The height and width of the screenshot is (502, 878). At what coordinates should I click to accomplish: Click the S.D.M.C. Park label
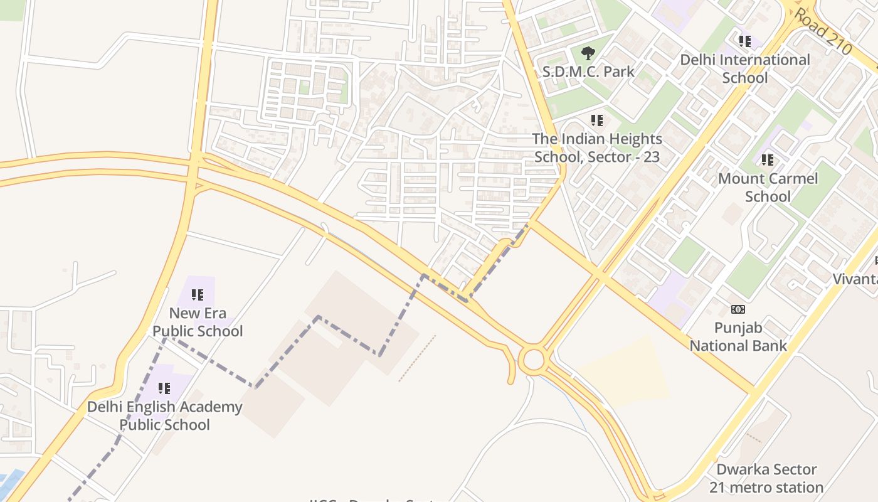588,72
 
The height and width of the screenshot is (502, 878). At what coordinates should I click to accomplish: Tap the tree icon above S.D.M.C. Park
588,53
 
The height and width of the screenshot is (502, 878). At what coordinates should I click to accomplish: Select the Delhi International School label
745,68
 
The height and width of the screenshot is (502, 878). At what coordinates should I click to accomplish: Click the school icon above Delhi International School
744,41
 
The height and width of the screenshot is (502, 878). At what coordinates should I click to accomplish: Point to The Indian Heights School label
597,147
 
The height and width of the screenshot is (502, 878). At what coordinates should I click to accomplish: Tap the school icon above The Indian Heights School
597,120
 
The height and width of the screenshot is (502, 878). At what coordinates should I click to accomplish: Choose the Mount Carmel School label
768,187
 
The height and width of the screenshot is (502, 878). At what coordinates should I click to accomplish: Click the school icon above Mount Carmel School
767,160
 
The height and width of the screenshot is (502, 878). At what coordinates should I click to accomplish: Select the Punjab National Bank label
738,336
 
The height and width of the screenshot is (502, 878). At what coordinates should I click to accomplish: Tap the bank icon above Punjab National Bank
738,309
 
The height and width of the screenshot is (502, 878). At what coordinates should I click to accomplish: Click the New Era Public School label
198,322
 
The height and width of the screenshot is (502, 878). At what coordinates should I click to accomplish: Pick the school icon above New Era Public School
198,294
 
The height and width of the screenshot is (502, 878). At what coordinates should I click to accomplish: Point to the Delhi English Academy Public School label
164,415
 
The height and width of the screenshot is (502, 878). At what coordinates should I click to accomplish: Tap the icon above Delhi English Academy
164,388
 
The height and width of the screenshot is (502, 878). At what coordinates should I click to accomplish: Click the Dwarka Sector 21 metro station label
766,478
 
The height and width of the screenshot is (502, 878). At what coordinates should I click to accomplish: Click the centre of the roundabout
533,360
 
